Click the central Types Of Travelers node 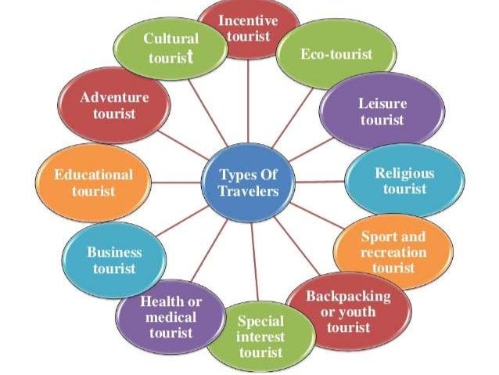point(248,182)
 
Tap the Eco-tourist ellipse point(336,55)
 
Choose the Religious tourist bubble point(404,181)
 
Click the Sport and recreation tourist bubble point(393,251)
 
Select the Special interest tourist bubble point(261,337)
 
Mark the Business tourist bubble point(114,260)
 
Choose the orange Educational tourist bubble point(93,182)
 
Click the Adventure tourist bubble point(114,105)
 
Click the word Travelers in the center point(248,191)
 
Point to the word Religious point(404,172)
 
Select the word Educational point(93,174)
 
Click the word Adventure point(114,97)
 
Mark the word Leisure point(382,103)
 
